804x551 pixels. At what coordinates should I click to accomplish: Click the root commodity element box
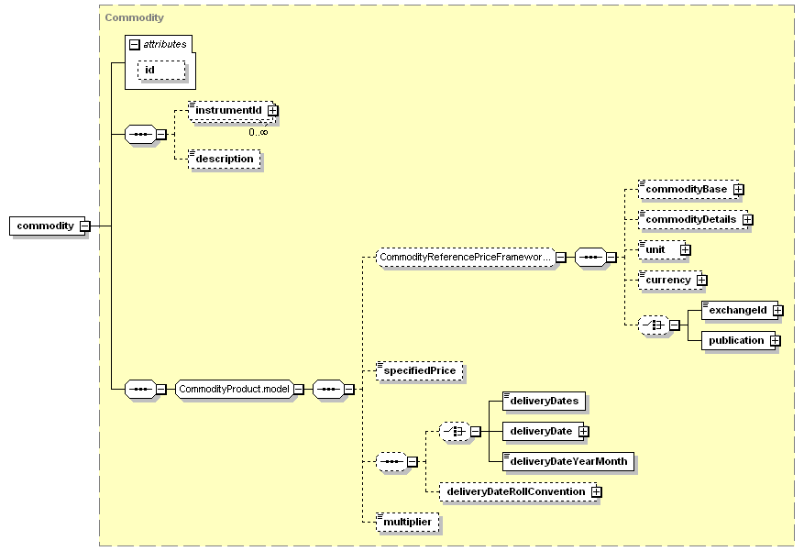point(47,226)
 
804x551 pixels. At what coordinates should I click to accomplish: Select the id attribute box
point(161,71)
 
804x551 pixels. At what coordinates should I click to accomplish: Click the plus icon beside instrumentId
point(273,111)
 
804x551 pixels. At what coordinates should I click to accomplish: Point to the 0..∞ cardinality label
point(259,132)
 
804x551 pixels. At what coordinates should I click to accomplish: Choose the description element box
point(225,159)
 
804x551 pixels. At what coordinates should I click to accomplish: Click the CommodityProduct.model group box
point(235,390)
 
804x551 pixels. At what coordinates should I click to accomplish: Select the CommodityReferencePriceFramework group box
point(466,258)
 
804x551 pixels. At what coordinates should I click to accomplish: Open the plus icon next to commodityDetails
point(748,220)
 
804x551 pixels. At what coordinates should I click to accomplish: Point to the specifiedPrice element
point(420,370)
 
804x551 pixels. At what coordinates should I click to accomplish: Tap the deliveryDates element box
point(545,401)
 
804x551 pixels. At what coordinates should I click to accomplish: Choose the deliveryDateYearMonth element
point(568,461)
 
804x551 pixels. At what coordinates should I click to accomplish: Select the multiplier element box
point(408,522)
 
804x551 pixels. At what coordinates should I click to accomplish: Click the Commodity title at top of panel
point(135,17)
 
